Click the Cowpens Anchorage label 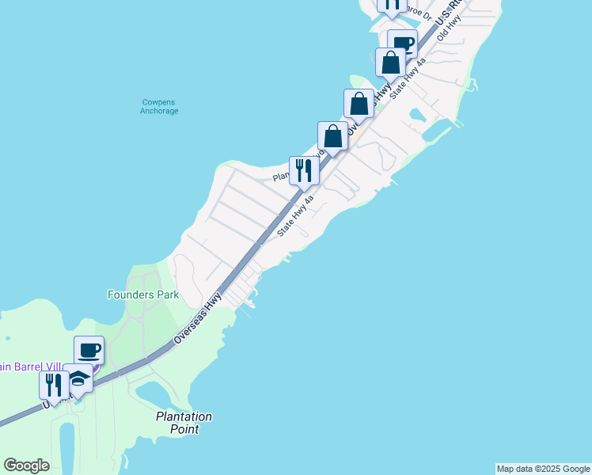159,107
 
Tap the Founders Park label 143,294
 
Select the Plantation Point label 184,422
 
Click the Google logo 26,465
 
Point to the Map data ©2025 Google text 544,469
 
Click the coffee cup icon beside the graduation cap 89,350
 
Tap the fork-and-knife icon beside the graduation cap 54,386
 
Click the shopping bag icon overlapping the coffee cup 389,62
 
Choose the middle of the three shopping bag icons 359,103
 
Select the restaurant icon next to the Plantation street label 304,170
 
